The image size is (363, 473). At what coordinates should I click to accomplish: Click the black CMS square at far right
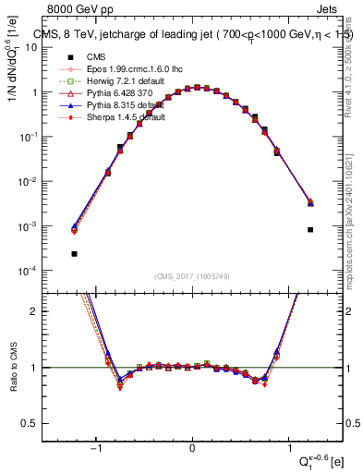(x=310, y=229)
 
